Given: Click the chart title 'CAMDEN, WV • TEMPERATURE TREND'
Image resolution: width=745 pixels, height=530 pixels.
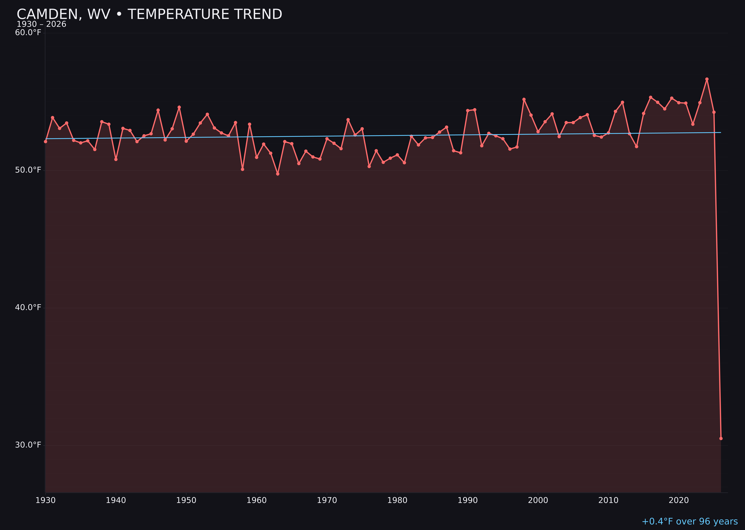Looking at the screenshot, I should (149, 14).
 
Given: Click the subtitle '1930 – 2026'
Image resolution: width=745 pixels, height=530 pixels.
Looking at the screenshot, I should (41, 24).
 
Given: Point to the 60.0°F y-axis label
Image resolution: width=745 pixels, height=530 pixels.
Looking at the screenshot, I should (28, 33).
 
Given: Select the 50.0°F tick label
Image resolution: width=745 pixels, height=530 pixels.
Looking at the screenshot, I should (28, 170).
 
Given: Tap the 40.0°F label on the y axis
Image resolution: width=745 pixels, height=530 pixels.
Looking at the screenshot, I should (28, 307).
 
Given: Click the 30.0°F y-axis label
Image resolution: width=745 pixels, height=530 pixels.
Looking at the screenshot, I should (28, 445).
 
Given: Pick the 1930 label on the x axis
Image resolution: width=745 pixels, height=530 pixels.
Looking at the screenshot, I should (45, 500).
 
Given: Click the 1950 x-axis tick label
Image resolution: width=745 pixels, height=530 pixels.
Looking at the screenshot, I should (186, 500).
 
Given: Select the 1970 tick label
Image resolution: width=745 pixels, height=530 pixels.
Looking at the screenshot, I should (327, 500).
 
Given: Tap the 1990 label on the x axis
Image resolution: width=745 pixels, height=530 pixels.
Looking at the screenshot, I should (467, 500).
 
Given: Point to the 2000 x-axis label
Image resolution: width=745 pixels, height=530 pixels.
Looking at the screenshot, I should (538, 500).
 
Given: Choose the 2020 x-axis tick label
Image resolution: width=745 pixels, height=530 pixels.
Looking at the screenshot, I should (679, 500).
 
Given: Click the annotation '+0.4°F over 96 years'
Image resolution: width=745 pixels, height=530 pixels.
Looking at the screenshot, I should (689, 521).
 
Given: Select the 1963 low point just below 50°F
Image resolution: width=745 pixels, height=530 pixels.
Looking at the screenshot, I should (278, 174).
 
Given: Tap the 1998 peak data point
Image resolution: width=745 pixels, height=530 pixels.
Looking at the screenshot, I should (524, 99).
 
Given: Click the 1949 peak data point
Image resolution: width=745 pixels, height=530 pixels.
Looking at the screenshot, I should (179, 107).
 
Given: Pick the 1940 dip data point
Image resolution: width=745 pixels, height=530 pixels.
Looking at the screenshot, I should (116, 160).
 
